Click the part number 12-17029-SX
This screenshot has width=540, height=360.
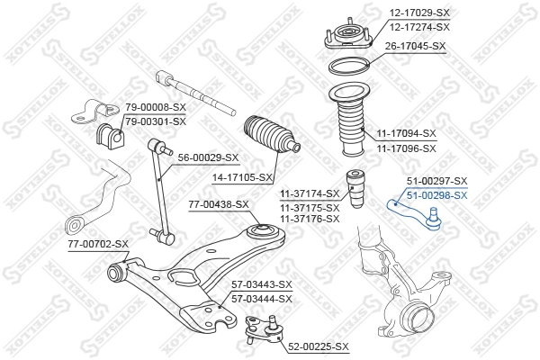(x=419, y=13)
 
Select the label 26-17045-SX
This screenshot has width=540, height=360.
(x=415, y=46)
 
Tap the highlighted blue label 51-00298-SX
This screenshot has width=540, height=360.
(x=437, y=195)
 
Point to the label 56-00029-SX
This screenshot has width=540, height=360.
(x=208, y=157)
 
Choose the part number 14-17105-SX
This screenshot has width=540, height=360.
(x=242, y=178)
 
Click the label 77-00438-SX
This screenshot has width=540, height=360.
(x=219, y=204)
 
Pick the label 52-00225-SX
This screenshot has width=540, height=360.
(x=319, y=346)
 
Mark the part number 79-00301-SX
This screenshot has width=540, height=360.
(x=156, y=121)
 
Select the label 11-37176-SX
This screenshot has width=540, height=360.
(x=310, y=219)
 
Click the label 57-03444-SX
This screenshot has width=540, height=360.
(x=261, y=299)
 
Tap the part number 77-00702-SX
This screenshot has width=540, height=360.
(x=98, y=244)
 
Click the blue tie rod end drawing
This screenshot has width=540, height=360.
(x=415, y=213)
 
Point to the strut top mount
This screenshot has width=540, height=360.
(x=348, y=36)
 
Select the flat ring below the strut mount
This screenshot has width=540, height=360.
(x=349, y=67)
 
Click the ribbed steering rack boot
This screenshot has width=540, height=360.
(x=271, y=135)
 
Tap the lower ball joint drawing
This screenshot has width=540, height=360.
(x=265, y=330)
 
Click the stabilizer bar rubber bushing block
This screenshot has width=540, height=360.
(x=109, y=136)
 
